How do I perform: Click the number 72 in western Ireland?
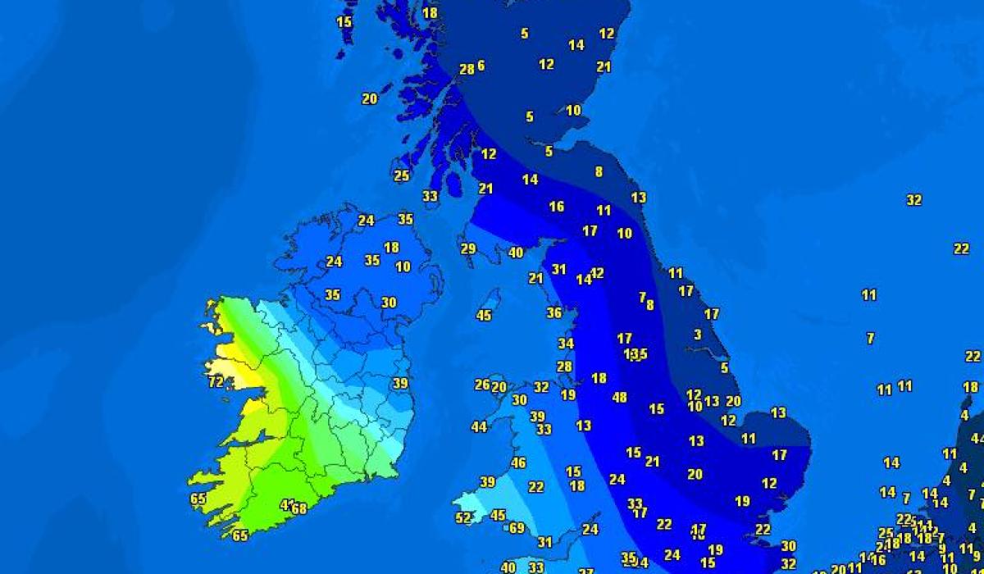click(x=216, y=382)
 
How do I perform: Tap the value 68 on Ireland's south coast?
click(x=299, y=508)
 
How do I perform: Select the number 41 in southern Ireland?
click(x=287, y=504)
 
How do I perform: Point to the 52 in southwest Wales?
click(x=464, y=517)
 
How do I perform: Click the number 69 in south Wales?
click(x=517, y=528)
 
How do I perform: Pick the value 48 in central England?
click(x=620, y=397)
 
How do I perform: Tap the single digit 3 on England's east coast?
click(x=698, y=335)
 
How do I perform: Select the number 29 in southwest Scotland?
click(x=468, y=248)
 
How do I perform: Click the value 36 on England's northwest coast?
click(x=554, y=312)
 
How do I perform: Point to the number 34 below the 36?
click(x=566, y=344)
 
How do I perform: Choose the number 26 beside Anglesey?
click(x=482, y=384)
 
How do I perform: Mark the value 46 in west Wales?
click(x=518, y=462)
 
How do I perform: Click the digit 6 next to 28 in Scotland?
click(x=481, y=66)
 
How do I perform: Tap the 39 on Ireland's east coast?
click(x=400, y=383)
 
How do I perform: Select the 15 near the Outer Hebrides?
click(x=344, y=22)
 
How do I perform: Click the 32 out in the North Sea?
click(x=914, y=200)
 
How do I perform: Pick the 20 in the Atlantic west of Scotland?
click(x=370, y=98)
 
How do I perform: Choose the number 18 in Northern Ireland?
click(x=391, y=247)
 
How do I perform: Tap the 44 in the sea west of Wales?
click(x=479, y=426)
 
